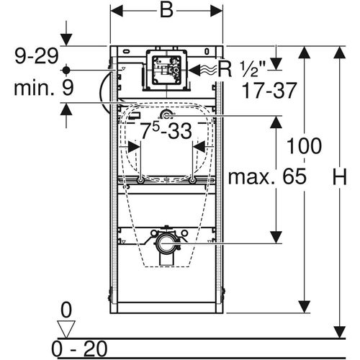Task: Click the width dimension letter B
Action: click(166, 10)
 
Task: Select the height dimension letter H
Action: click(339, 177)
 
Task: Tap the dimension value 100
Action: click(304, 145)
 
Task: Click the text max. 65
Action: click(267, 176)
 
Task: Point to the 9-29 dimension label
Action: click(37, 56)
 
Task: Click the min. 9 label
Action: click(43, 88)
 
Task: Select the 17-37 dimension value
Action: click(269, 91)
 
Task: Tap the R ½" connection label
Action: click(242, 70)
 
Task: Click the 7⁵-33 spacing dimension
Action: click(166, 131)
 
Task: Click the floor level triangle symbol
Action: click(66, 329)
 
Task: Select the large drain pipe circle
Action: click(166, 243)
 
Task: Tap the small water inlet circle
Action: click(166, 116)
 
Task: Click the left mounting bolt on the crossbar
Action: click(140, 180)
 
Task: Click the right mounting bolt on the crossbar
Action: click(192, 180)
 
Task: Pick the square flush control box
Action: click(167, 70)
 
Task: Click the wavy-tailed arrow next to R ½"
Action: click(202, 70)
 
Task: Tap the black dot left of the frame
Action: click(66, 71)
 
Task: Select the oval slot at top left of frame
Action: click(127, 51)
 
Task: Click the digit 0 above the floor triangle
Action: click(66, 310)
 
